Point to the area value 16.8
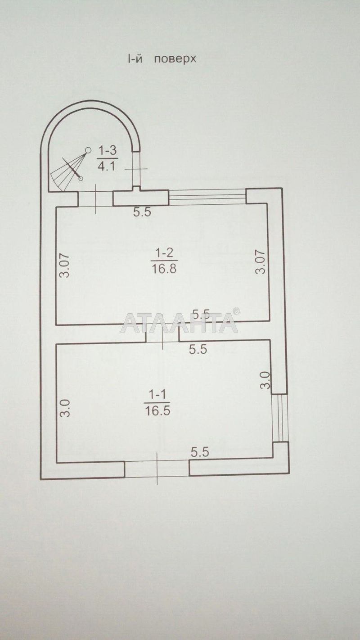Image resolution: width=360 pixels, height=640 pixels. pos(164,268)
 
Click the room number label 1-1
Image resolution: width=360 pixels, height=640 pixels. pos(157,395)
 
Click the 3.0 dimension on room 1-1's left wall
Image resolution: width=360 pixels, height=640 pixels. pos(65,408)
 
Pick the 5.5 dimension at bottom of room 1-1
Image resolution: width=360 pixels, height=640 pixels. pos(199,452)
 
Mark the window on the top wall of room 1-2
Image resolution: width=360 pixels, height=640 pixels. pos(207,197)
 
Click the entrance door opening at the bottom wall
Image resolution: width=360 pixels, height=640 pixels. pos(157,469)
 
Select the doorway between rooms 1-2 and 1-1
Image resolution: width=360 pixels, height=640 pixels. pos(162,333)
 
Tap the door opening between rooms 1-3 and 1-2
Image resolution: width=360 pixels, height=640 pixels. pos(95,198)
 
